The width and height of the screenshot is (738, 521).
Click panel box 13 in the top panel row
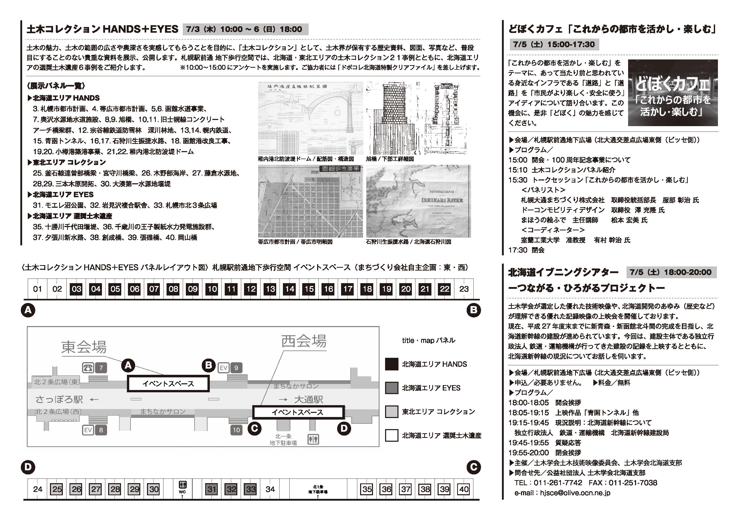pyautogui.click(x=270, y=289)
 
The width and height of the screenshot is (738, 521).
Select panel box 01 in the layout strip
pyautogui.click(x=38, y=289)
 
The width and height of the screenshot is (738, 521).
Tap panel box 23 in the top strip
pyautogui.click(x=464, y=289)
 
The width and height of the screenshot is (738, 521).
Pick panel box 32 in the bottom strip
pyautogui.click(x=231, y=489)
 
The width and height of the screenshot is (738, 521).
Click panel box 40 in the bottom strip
pyautogui.click(x=464, y=489)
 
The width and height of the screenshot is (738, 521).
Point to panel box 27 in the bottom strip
pyautogui.click(x=96, y=489)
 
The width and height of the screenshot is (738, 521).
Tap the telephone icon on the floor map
pyautogui.click(x=88, y=368)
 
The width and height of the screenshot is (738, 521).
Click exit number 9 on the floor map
pyautogui.click(x=236, y=368)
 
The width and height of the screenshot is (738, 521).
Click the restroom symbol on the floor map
pyautogui.click(x=313, y=439)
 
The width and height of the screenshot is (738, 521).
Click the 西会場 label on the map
pyautogui.click(x=304, y=341)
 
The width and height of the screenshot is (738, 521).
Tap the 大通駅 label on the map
pyautogui.click(x=308, y=400)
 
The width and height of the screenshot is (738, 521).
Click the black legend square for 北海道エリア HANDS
pyautogui.click(x=392, y=364)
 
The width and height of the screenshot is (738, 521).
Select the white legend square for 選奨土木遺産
pyautogui.click(x=392, y=436)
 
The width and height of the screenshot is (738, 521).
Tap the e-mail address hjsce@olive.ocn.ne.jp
pyautogui.click(x=575, y=493)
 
